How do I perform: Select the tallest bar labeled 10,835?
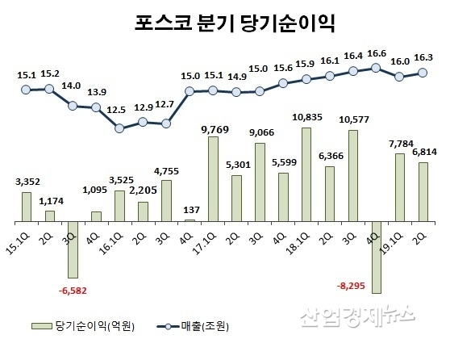[306, 174]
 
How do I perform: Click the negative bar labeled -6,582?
[73, 249]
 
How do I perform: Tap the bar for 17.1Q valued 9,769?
[213, 178]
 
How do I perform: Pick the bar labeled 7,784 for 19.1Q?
[399, 187]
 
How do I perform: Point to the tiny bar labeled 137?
[190, 220]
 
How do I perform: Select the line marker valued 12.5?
[119, 128]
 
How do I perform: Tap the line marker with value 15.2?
[49, 89]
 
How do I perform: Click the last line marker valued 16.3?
[423, 72]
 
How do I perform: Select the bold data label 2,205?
[143, 192]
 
